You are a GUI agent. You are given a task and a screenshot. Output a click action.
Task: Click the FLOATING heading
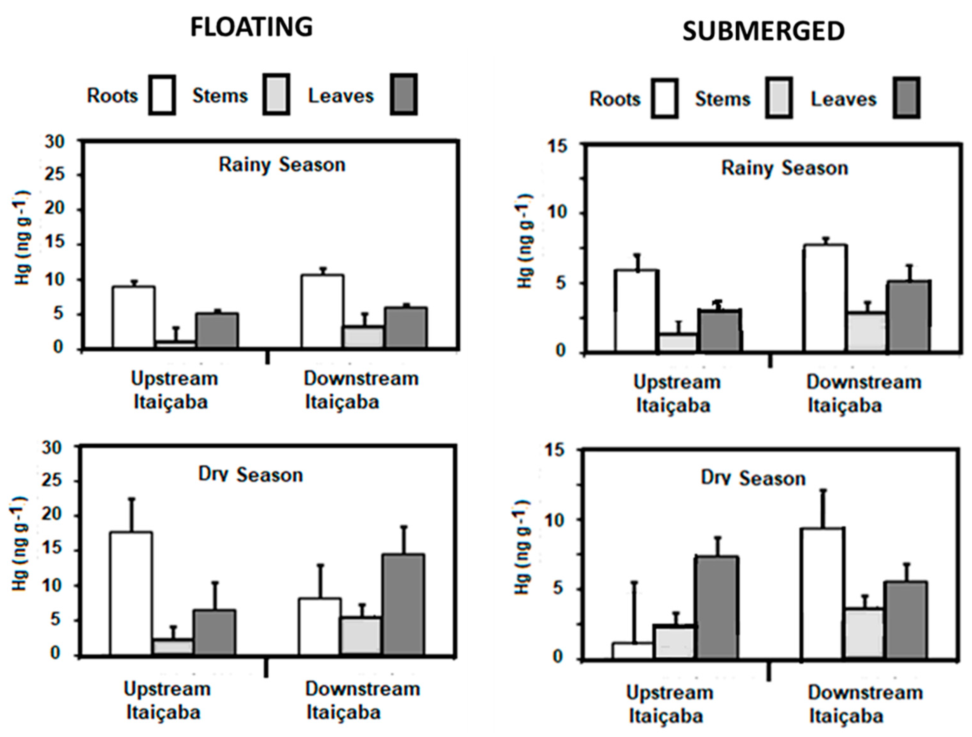251,27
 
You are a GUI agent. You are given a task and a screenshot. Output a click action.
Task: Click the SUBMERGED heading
763,32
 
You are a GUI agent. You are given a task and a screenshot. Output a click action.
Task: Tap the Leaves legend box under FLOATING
404,95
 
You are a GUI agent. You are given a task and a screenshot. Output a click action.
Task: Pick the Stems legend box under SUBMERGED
779,98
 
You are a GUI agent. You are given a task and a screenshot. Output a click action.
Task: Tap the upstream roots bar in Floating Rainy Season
133,317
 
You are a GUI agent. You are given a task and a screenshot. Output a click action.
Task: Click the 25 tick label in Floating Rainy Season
55,175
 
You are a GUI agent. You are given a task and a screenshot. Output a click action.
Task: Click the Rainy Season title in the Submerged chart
785,169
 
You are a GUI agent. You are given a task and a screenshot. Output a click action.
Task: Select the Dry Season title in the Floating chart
251,475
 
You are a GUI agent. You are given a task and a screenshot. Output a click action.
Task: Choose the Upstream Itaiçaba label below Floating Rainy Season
174,390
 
